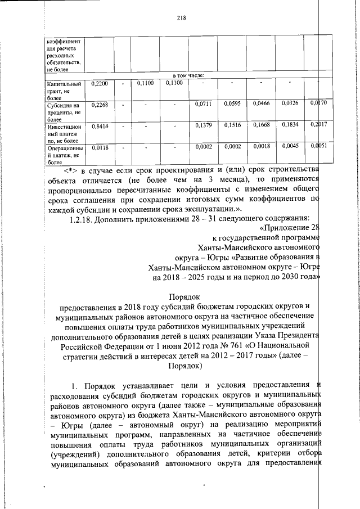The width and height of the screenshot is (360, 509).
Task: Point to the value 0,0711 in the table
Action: (203, 105)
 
